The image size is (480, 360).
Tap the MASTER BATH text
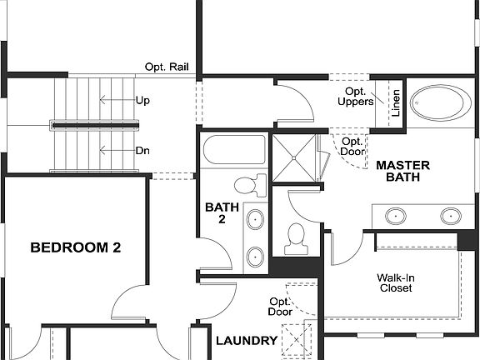tap(402, 172)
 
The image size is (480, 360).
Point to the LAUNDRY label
tap(246, 341)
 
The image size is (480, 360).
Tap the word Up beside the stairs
tap(142, 100)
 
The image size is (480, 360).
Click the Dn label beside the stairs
tap(142, 151)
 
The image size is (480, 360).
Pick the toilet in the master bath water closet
tap(295, 238)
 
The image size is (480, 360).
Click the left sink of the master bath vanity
tap(396, 216)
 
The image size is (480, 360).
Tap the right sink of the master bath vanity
tap(450, 216)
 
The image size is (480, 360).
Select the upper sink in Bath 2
tap(256, 222)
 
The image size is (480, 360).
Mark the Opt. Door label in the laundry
tap(279, 307)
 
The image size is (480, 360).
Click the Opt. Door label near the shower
tap(351, 147)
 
